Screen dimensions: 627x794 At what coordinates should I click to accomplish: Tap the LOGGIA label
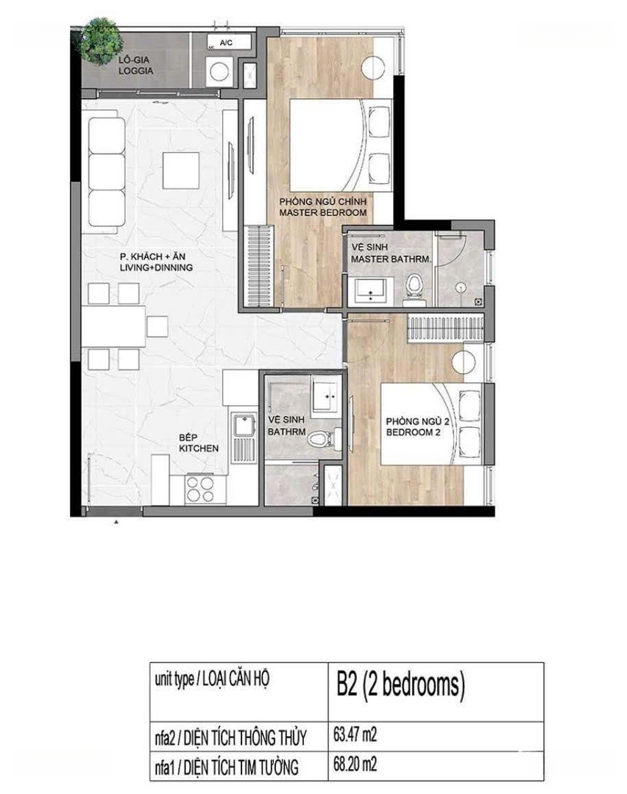pos(136,71)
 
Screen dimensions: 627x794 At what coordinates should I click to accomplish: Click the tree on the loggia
pos(101,41)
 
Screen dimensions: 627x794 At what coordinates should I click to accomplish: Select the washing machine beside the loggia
pos(219,71)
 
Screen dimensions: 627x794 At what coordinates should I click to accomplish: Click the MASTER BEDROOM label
pos(323,212)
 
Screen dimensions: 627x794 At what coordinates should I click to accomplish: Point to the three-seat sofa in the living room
pos(107,172)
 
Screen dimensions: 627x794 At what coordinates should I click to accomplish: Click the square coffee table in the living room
pos(181,170)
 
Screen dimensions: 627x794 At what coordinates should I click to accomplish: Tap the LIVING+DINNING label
pos(156,268)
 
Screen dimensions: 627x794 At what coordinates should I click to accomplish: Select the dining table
pos(113,326)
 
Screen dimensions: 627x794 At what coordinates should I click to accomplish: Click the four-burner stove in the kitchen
pos(199,489)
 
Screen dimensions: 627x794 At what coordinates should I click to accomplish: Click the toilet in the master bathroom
pos(414,288)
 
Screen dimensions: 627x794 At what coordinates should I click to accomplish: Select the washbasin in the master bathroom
pos(371,292)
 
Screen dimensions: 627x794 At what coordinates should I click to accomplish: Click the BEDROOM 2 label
pos(413,432)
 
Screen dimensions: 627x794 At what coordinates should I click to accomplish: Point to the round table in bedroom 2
pos(464,363)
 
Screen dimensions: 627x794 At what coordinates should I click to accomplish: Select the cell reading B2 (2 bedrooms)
pos(436,693)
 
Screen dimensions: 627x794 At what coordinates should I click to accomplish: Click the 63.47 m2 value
pos(355,734)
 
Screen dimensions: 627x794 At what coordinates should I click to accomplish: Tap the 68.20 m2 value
pos(355,764)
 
